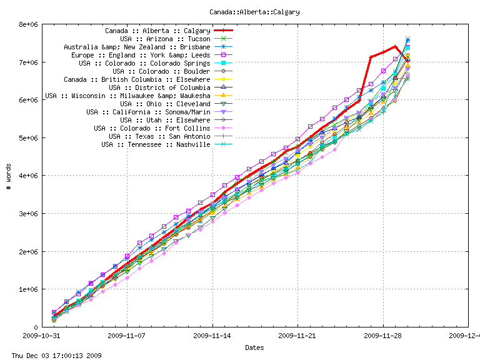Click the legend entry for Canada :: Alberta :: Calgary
[x=157, y=31]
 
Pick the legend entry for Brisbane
[x=137, y=47]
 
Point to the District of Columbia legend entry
[x=159, y=87]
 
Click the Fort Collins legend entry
[x=152, y=128]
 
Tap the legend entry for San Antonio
[x=159, y=136]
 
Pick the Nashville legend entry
[x=156, y=144]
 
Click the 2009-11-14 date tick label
[x=212, y=336]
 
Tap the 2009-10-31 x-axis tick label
[x=42, y=336]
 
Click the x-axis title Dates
[x=254, y=347]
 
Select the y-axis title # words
[x=9, y=176]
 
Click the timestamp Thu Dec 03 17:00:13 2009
[x=52, y=356]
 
